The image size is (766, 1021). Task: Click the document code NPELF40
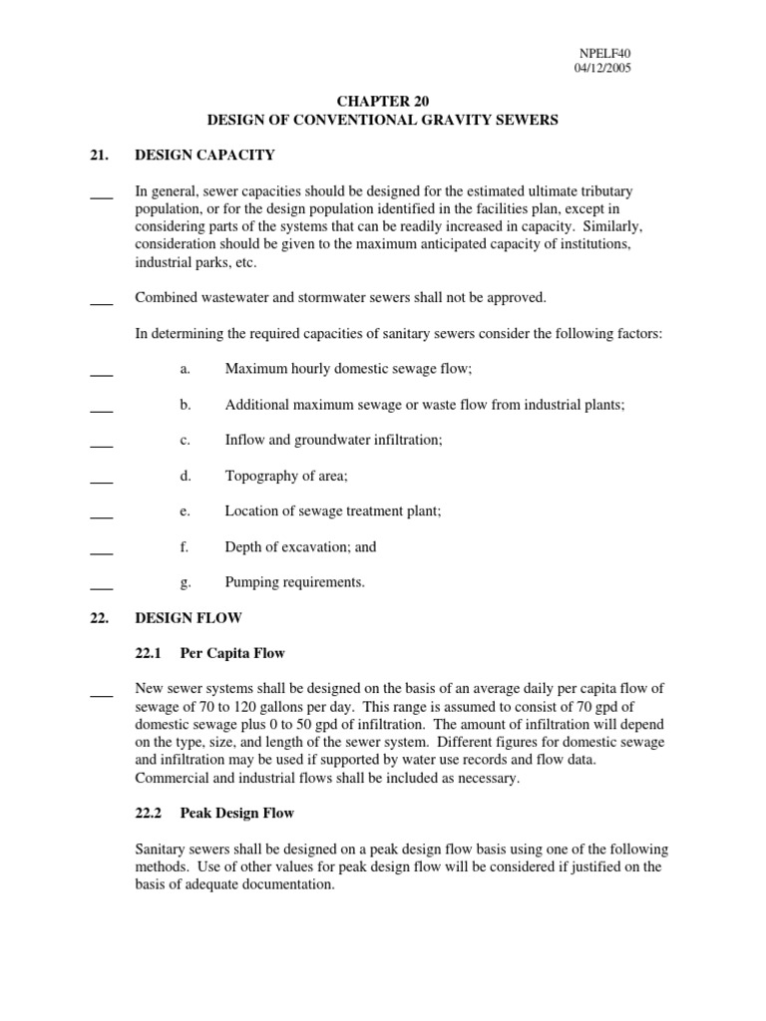pos(602,54)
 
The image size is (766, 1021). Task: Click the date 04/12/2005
pos(602,69)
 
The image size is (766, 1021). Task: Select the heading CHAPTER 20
pos(382,101)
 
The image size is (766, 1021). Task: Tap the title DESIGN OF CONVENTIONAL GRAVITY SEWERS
pos(382,120)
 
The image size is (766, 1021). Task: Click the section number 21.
pos(99,156)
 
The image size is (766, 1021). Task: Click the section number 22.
pos(99,618)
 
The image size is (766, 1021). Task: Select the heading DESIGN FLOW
pos(189,618)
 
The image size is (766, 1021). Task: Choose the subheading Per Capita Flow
pos(232,654)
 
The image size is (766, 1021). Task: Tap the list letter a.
pos(185,369)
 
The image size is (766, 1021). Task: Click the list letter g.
pos(185,582)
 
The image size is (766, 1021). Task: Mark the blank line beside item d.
pos(101,482)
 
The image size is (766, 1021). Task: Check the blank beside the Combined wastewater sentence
pos(101,302)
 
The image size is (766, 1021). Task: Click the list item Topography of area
pos(286,476)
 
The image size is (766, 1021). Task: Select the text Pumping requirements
pos(295,582)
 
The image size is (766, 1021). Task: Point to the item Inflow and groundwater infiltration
pos(333,440)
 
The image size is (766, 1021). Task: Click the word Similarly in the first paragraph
pos(602,226)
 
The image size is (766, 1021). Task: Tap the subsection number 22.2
pos(150,814)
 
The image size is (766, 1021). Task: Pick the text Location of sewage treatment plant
pos(332,511)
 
